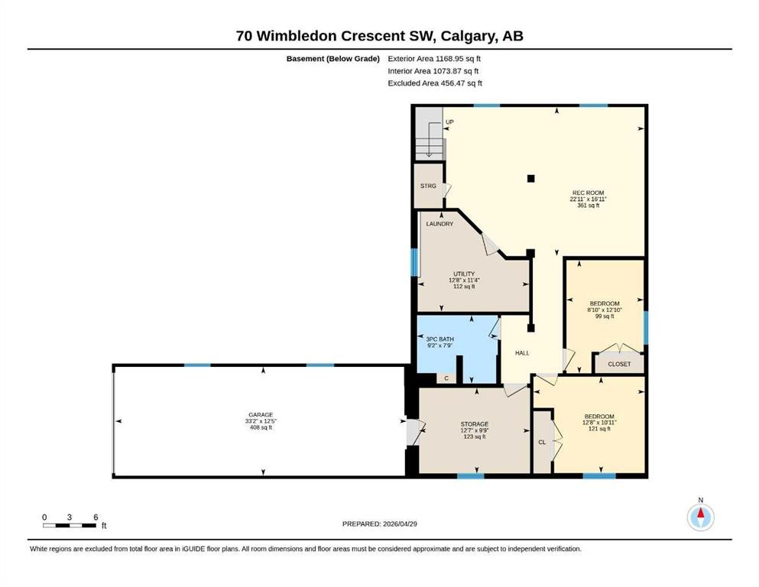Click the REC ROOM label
tap(588, 193)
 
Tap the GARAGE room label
tap(261, 415)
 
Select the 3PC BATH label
tap(440, 339)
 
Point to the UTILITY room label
tap(464, 274)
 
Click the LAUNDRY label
tap(440, 224)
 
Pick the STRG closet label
tap(428, 186)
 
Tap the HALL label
tap(522, 353)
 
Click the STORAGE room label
tap(475, 424)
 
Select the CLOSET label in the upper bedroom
tap(620, 364)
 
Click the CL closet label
tap(542, 443)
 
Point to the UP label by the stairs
tap(449, 122)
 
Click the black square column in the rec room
tap(531, 179)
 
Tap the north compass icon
tap(700, 517)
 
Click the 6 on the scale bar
tap(96, 517)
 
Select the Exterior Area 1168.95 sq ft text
tap(434, 59)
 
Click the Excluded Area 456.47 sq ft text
tap(435, 83)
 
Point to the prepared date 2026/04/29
tap(400, 524)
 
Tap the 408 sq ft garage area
tap(261, 428)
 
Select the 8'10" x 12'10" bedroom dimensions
tap(605, 310)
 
